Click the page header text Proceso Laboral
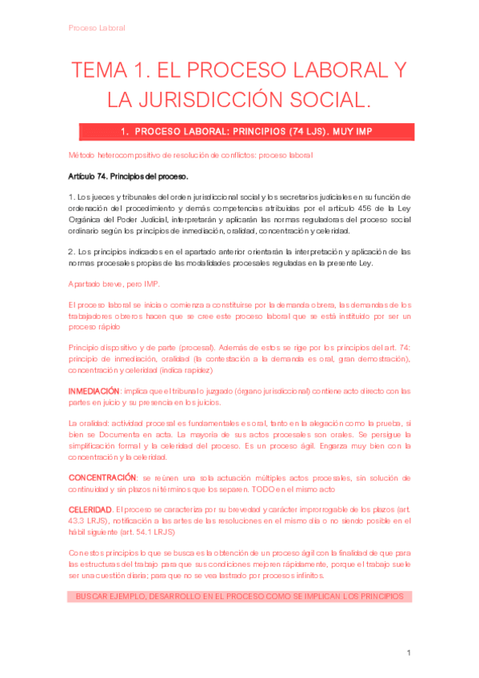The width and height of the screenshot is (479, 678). click(x=96, y=27)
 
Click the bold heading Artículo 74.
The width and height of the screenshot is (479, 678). click(x=94, y=175)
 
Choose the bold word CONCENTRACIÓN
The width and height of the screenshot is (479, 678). click(x=104, y=477)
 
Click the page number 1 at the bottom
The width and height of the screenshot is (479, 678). click(x=408, y=653)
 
